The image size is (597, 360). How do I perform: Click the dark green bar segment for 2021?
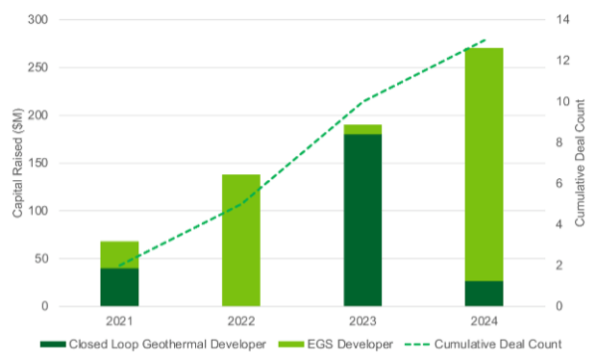[x=118, y=286]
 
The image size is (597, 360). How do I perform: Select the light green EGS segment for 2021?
[x=118, y=254]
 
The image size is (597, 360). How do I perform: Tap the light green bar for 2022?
[x=241, y=240]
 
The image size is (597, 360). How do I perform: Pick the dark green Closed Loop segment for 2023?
[x=362, y=220]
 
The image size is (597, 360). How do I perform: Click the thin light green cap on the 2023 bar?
[x=362, y=129]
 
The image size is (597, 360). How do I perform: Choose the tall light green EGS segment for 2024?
[x=484, y=164]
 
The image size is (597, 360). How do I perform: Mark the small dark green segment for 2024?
[x=484, y=293]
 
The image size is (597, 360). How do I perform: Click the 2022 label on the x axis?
[x=241, y=321]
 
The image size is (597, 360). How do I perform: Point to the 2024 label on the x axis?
[x=484, y=321]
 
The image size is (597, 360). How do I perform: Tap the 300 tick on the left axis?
[x=37, y=20]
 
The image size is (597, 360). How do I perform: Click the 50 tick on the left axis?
[x=40, y=259]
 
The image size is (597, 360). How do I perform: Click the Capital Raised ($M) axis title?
[x=15, y=163]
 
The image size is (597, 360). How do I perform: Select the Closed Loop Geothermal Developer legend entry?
[x=149, y=344]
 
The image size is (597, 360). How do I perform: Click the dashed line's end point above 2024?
[x=484, y=41]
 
